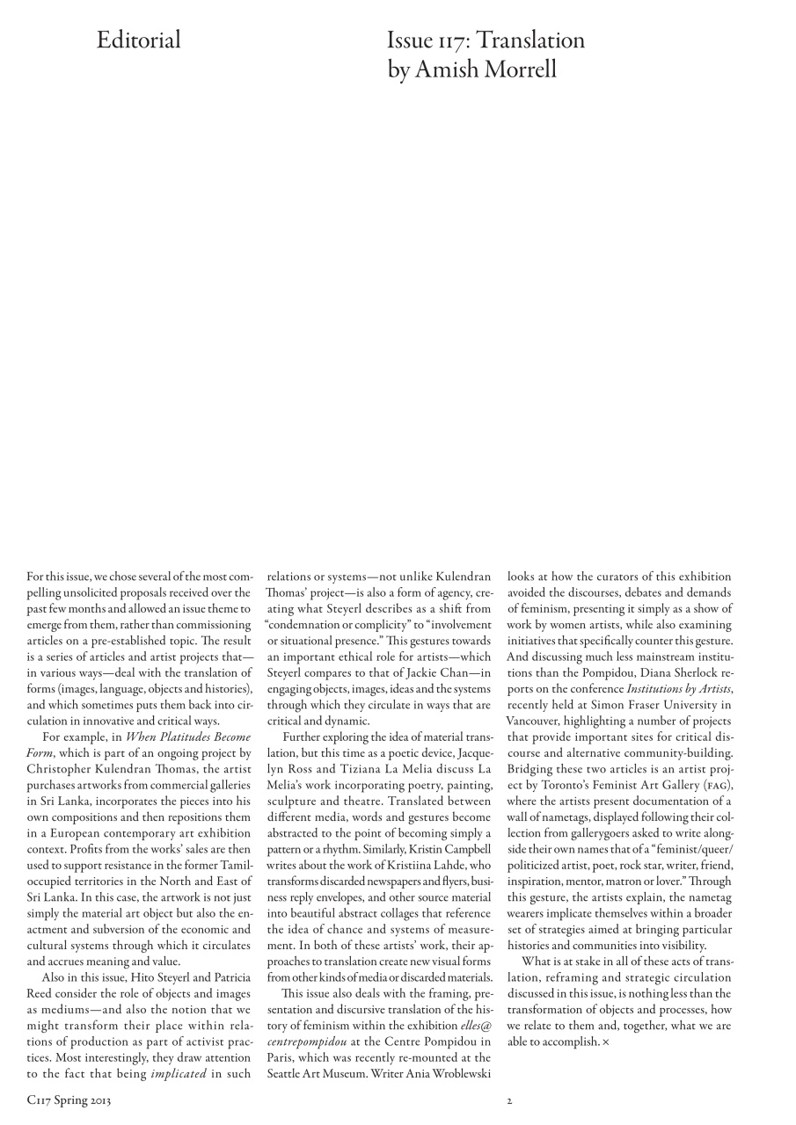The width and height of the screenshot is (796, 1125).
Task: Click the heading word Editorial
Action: pyautogui.click(x=139, y=40)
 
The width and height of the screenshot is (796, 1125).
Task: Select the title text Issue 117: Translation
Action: pyautogui.click(x=486, y=40)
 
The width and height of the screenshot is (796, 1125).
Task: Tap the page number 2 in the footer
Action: pyautogui.click(x=508, y=1100)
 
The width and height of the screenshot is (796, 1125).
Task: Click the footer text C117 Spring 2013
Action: pyautogui.click(x=69, y=1100)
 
